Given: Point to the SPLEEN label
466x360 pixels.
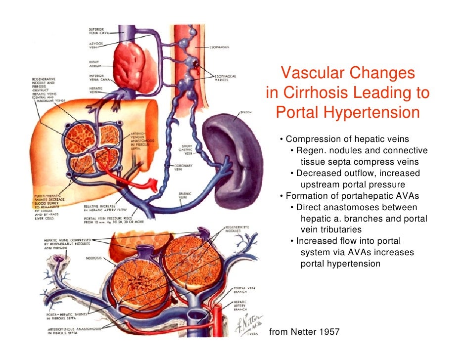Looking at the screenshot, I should (246, 112).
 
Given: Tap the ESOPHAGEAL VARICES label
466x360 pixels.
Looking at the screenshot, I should (225, 78).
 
